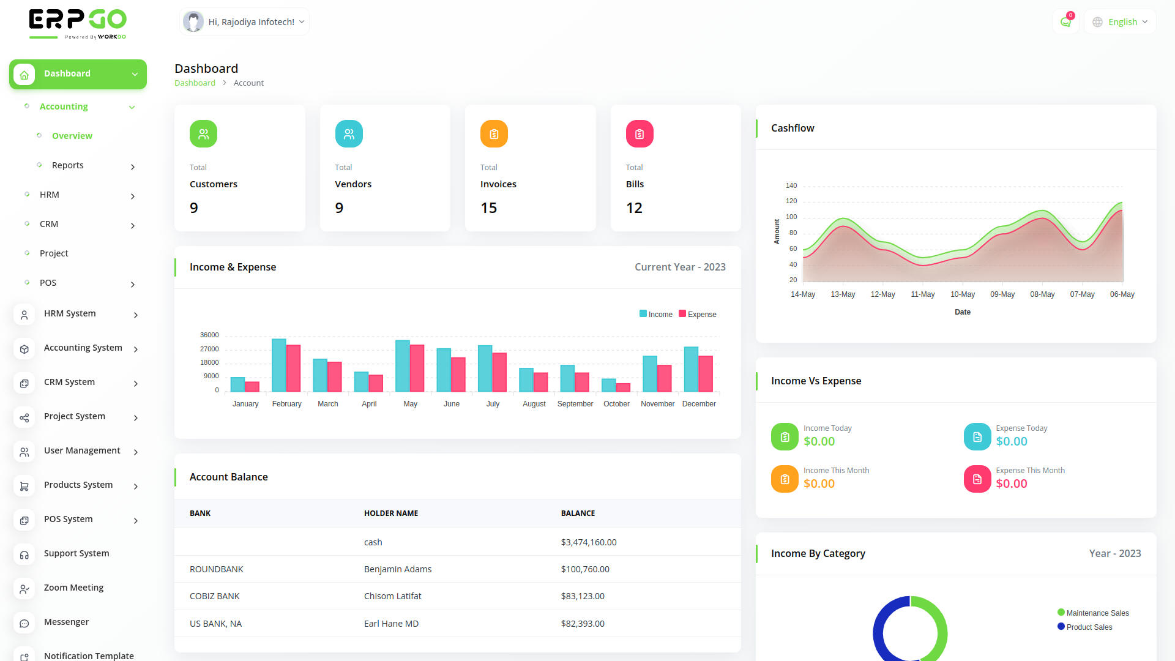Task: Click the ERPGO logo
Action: pyautogui.click(x=78, y=23)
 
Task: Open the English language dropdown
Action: pyautogui.click(x=1121, y=22)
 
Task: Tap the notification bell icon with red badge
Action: pyautogui.click(x=1065, y=22)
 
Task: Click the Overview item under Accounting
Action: pyautogui.click(x=72, y=136)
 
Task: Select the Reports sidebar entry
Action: pyautogui.click(x=68, y=165)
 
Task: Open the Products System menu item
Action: pyautogui.click(x=78, y=485)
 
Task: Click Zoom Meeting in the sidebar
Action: pyautogui.click(x=73, y=588)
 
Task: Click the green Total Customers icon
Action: pyautogui.click(x=203, y=134)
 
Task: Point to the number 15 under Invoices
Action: pyautogui.click(x=488, y=208)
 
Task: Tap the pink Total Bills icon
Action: pyautogui.click(x=639, y=134)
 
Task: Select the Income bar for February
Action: pyautogui.click(x=279, y=365)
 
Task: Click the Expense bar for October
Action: pyautogui.click(x=624, y=387)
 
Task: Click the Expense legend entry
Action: pyautogui.click(x=698, y=315)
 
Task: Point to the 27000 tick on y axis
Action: pyautogui.click(x=209, y=349)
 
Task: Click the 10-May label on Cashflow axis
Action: pyautogui.click(x=962, y=294)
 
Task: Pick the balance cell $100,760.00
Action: pyautogui.click(x=584, y=569)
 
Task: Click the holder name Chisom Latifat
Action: pyautogui.click(x=392, y=596)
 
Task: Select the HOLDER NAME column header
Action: pyautogui.click(x=390, y=513)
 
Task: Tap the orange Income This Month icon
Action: pyautogui.click(x=785, y=479)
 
